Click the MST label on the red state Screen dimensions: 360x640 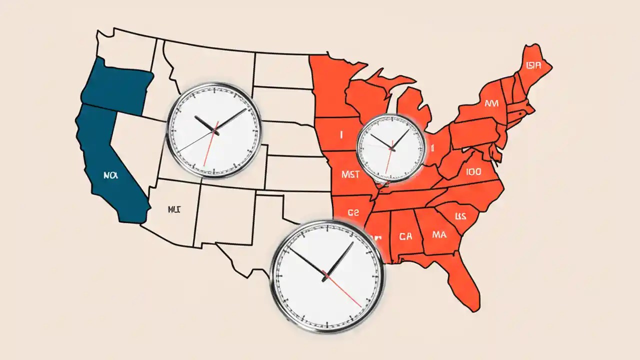(x=350, y=174)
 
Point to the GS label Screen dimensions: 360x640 (x=353, y=212)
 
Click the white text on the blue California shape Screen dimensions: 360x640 (x=109, y=176)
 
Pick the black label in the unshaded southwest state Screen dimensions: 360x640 (x=174, y=209)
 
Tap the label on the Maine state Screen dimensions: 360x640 (x=533, y=65)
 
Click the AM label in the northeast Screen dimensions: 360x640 (x=492, y=103)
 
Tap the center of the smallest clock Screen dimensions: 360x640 (x=391, y=148)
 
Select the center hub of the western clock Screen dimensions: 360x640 (x=214, y=131)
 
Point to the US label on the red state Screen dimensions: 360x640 (x=460, y=216)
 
